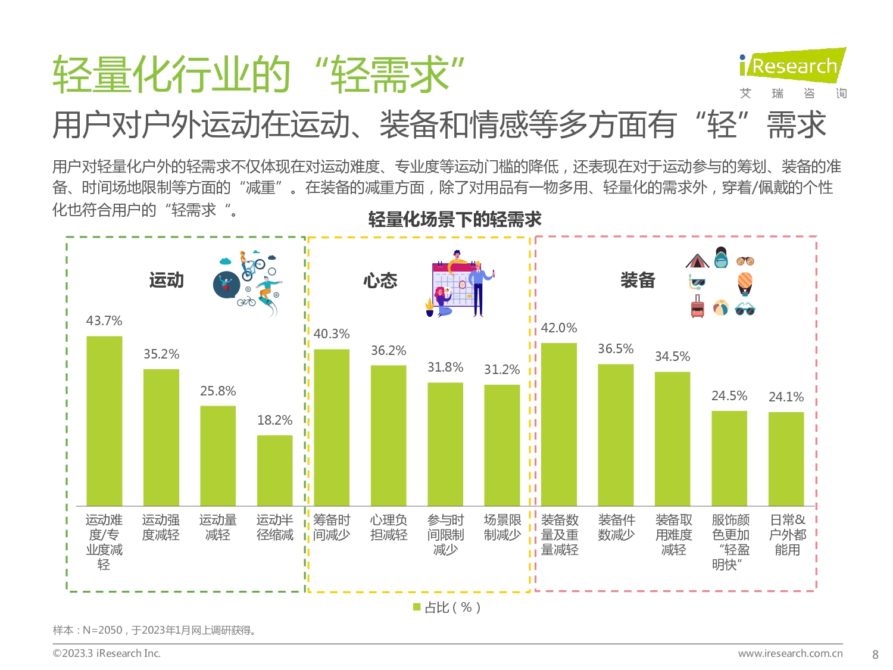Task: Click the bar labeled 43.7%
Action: [x=104, y=420]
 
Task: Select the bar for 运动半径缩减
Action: [x=274, y=470]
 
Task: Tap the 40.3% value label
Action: [x=332, y=334]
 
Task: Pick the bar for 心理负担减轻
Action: [x=388, y=435]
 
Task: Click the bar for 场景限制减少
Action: [x=502, y=445]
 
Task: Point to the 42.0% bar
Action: [x=559, y=424]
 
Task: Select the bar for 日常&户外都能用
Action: [x=786, y=459]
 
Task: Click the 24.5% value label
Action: [x=729, y=396]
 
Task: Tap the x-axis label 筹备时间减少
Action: [x=332, y=528]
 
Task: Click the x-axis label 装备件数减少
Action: [x=616, y=528]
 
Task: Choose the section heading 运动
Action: [x=167, y=281]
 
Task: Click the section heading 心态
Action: [x=380, y=281]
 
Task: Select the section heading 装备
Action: [x=638, y=280]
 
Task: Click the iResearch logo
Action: [x=792, y=66]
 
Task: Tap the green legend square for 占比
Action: [x=417, y=607]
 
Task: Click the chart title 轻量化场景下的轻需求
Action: [x=455, y=220]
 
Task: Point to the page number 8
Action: [x=875, y=655]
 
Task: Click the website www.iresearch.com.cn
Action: [x=790, y=653]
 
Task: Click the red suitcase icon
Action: [x=697, y=307]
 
